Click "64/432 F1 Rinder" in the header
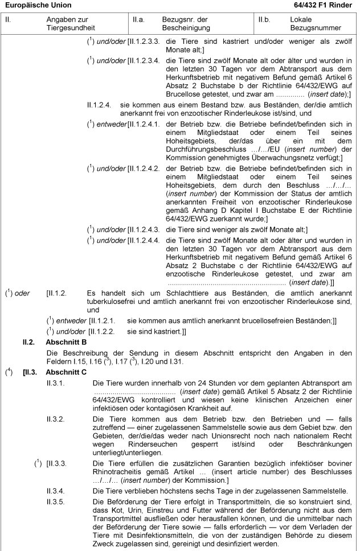[325, 5]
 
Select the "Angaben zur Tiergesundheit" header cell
[71, 23]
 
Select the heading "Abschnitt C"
[67, 372]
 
